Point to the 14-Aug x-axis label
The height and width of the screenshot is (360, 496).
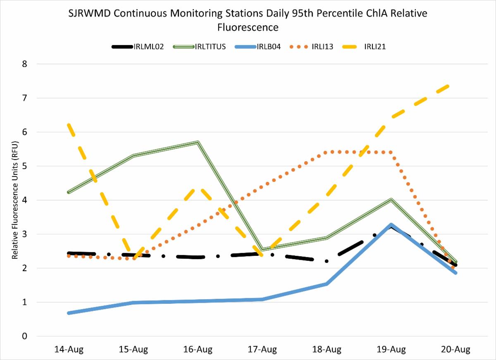(x=69, y=350)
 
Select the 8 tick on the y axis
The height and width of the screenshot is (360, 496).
(x=25, y=64)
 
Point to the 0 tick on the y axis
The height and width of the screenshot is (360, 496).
(x=25, y=336)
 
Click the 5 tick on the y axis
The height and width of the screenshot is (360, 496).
(x=25, y=166)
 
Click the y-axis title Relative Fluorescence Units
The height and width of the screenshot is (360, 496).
(x=15, y=198)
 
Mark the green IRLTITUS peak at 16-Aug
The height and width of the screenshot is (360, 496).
(x=198, y=143)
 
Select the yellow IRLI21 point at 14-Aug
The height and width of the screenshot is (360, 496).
(x=69, y=125)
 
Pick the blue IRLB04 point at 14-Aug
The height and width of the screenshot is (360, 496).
(x=69, y=313)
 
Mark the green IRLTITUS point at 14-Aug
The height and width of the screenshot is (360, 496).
(x=69, y=192)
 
